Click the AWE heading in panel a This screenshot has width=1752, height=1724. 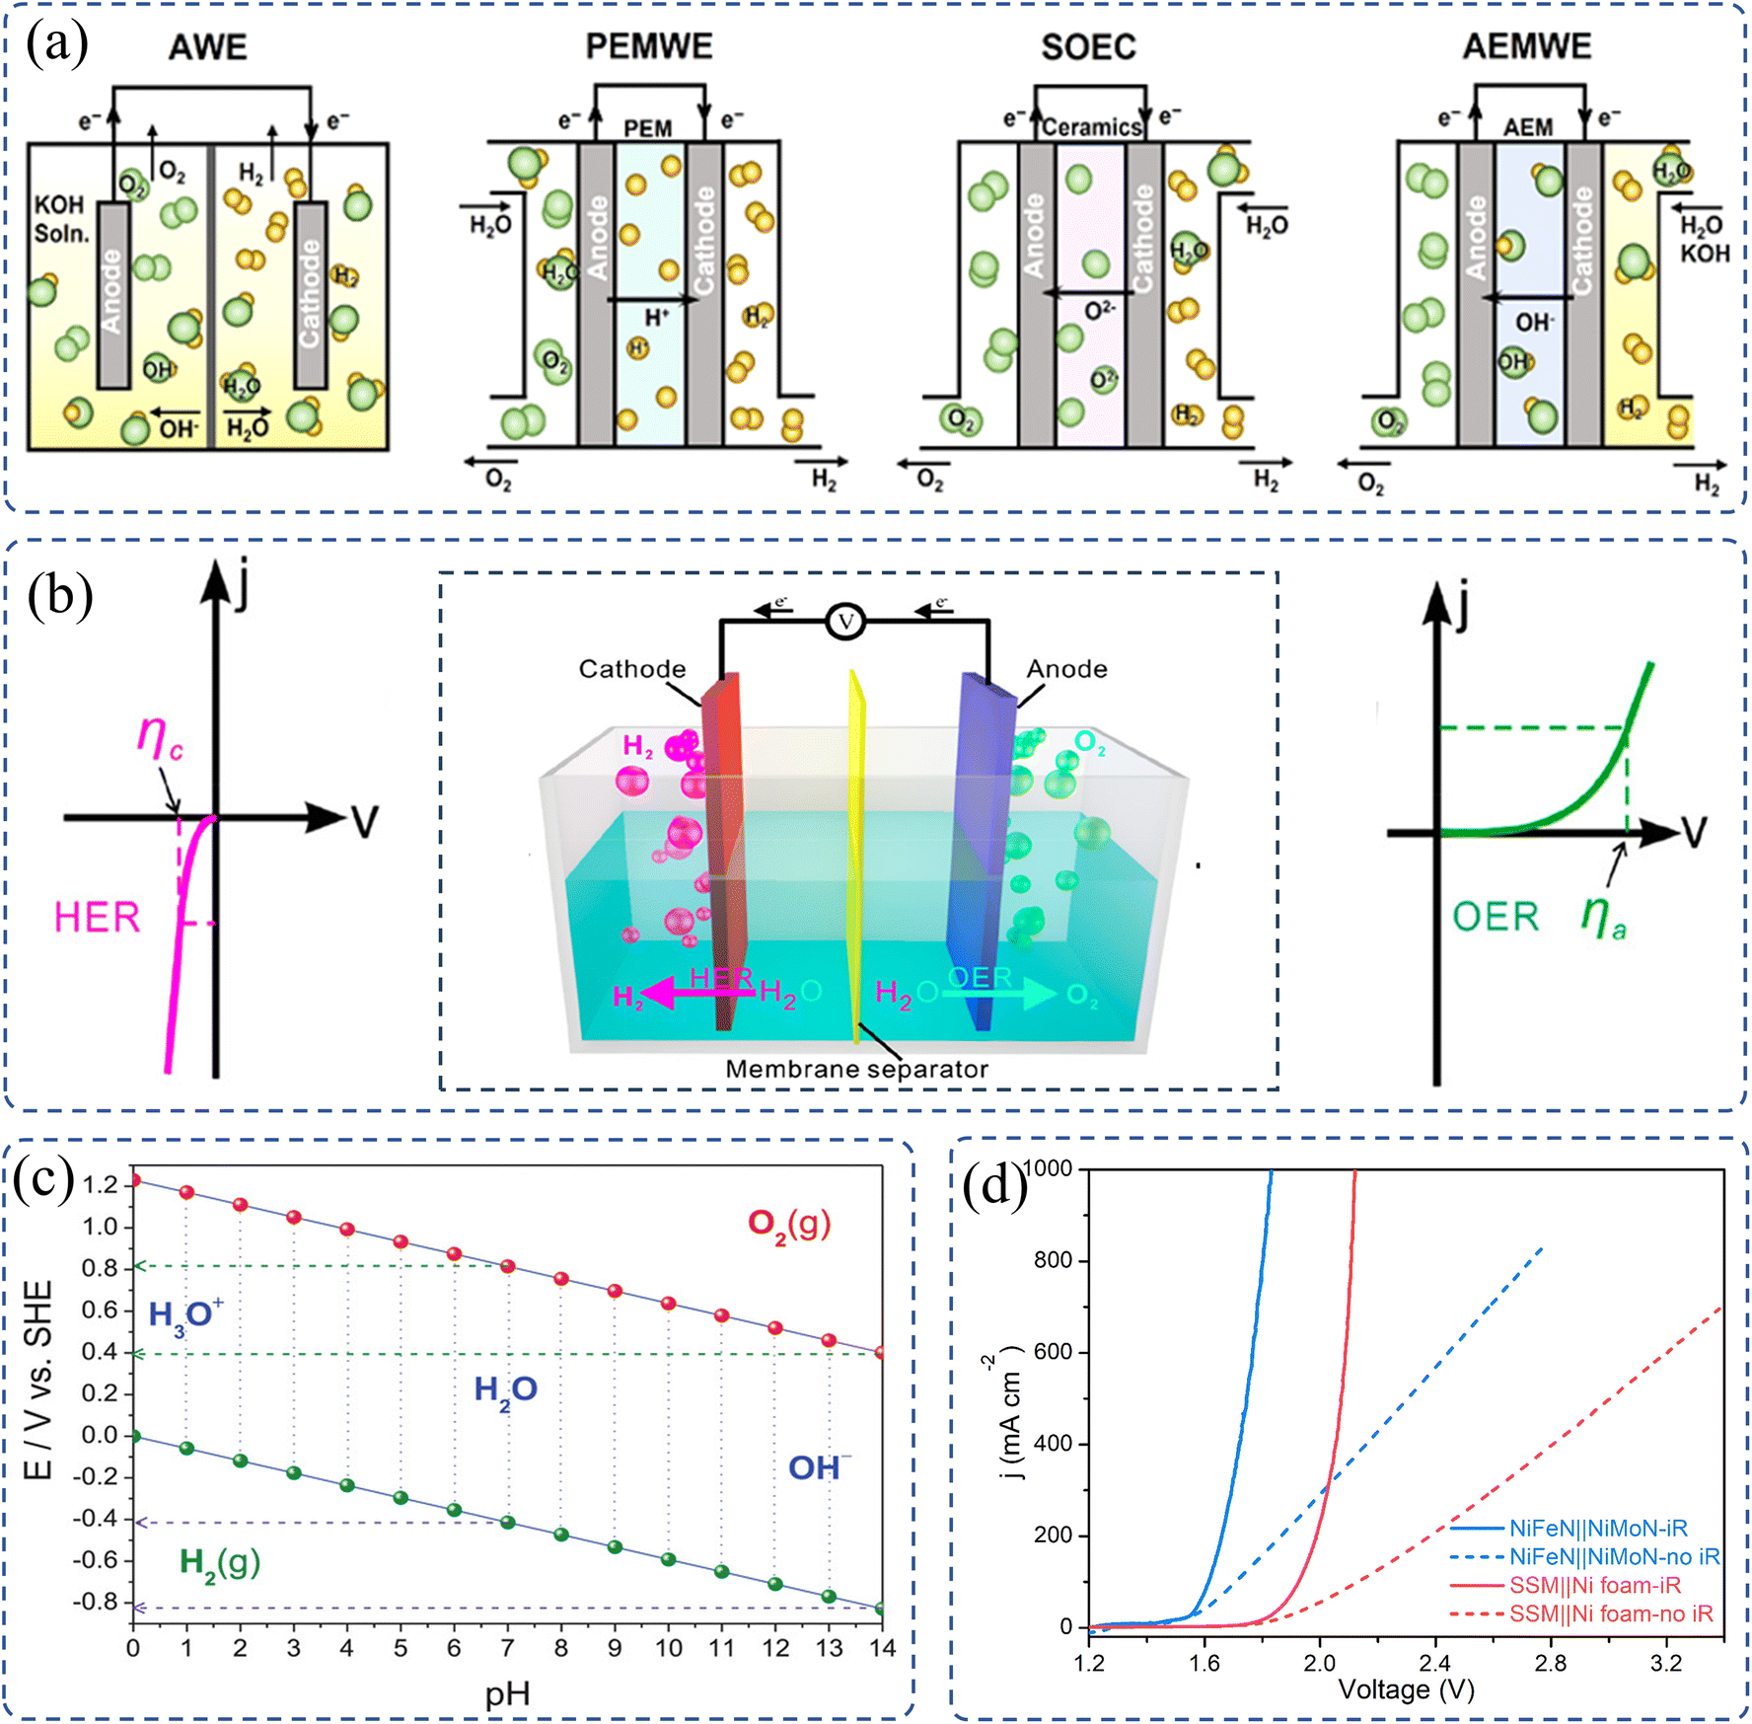point(207,47)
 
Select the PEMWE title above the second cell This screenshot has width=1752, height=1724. point(648,46)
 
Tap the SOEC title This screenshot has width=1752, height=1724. point(1088,46)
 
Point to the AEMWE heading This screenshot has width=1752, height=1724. point(1526,46)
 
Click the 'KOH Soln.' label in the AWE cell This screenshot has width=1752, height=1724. point(61,219)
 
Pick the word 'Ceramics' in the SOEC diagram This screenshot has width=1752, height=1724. point(1091,127)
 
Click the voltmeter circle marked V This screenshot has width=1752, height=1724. point(844,622)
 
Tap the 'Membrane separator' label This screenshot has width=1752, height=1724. point(856,1069)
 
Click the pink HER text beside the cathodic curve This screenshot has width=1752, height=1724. point(97,917)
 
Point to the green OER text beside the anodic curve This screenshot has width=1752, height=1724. point(1495,917)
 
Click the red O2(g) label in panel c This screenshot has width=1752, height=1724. point(788,1224)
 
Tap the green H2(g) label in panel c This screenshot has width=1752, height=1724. point(219,1562)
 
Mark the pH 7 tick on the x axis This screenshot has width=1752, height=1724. point(507,1648)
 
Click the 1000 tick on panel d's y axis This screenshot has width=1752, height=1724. point(1049,1169)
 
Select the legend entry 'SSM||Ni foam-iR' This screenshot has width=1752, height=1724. point(1594,1586)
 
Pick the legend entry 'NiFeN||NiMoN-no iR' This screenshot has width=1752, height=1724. point(1614,1557)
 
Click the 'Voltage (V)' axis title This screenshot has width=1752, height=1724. point(1406,1690)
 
